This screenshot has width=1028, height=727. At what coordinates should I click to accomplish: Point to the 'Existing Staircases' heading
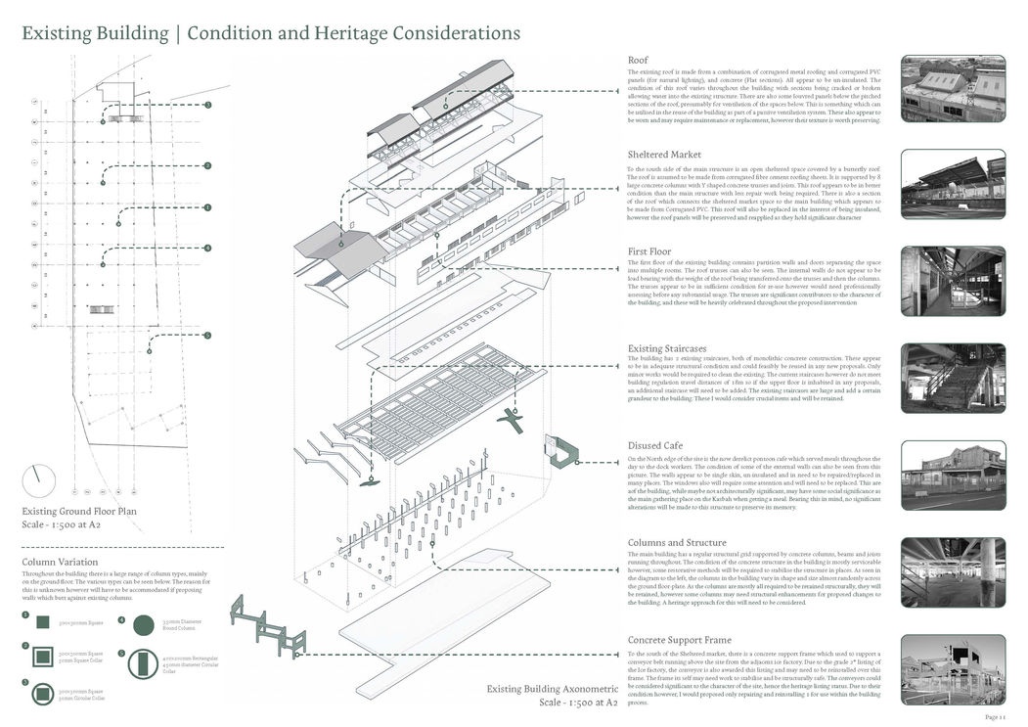tap(674, 348)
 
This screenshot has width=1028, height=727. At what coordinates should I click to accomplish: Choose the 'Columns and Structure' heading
tap(677, 542)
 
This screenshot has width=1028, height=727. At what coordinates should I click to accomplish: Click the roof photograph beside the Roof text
tap(953, 89)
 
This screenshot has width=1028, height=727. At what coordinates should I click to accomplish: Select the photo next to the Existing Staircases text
tap(953, 380)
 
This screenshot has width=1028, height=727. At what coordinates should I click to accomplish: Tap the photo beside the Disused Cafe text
tap(953, 477)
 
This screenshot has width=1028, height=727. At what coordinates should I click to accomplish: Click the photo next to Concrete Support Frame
tap(953, 670)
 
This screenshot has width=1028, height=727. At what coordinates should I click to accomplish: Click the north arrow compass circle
tap(39, 480)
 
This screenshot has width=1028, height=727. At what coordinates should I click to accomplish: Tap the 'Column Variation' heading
tap(60, 563)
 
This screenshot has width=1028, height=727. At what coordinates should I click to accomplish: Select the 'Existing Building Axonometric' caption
tap(552, 689)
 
